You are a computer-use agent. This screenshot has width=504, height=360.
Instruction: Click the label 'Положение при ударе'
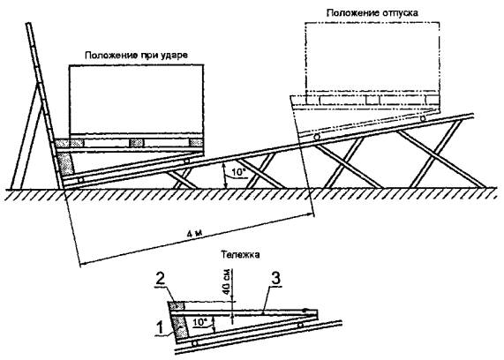tap(137, 55)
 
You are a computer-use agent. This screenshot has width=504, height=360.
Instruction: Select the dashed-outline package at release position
tap(371, 62)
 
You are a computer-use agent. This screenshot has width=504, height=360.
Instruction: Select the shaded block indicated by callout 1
tap(180, 327)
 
